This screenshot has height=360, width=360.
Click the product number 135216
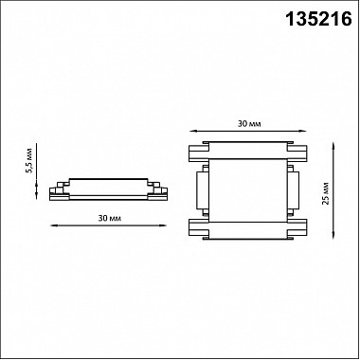318,19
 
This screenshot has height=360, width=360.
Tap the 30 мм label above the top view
249,124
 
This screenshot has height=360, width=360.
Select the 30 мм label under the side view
109,218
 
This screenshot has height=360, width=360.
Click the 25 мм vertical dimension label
326,193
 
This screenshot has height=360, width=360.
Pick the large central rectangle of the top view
248,190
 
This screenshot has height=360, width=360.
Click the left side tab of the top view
203,190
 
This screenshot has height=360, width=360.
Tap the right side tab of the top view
293,190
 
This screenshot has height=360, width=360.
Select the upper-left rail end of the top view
199,153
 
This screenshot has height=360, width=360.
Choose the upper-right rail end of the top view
297,153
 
